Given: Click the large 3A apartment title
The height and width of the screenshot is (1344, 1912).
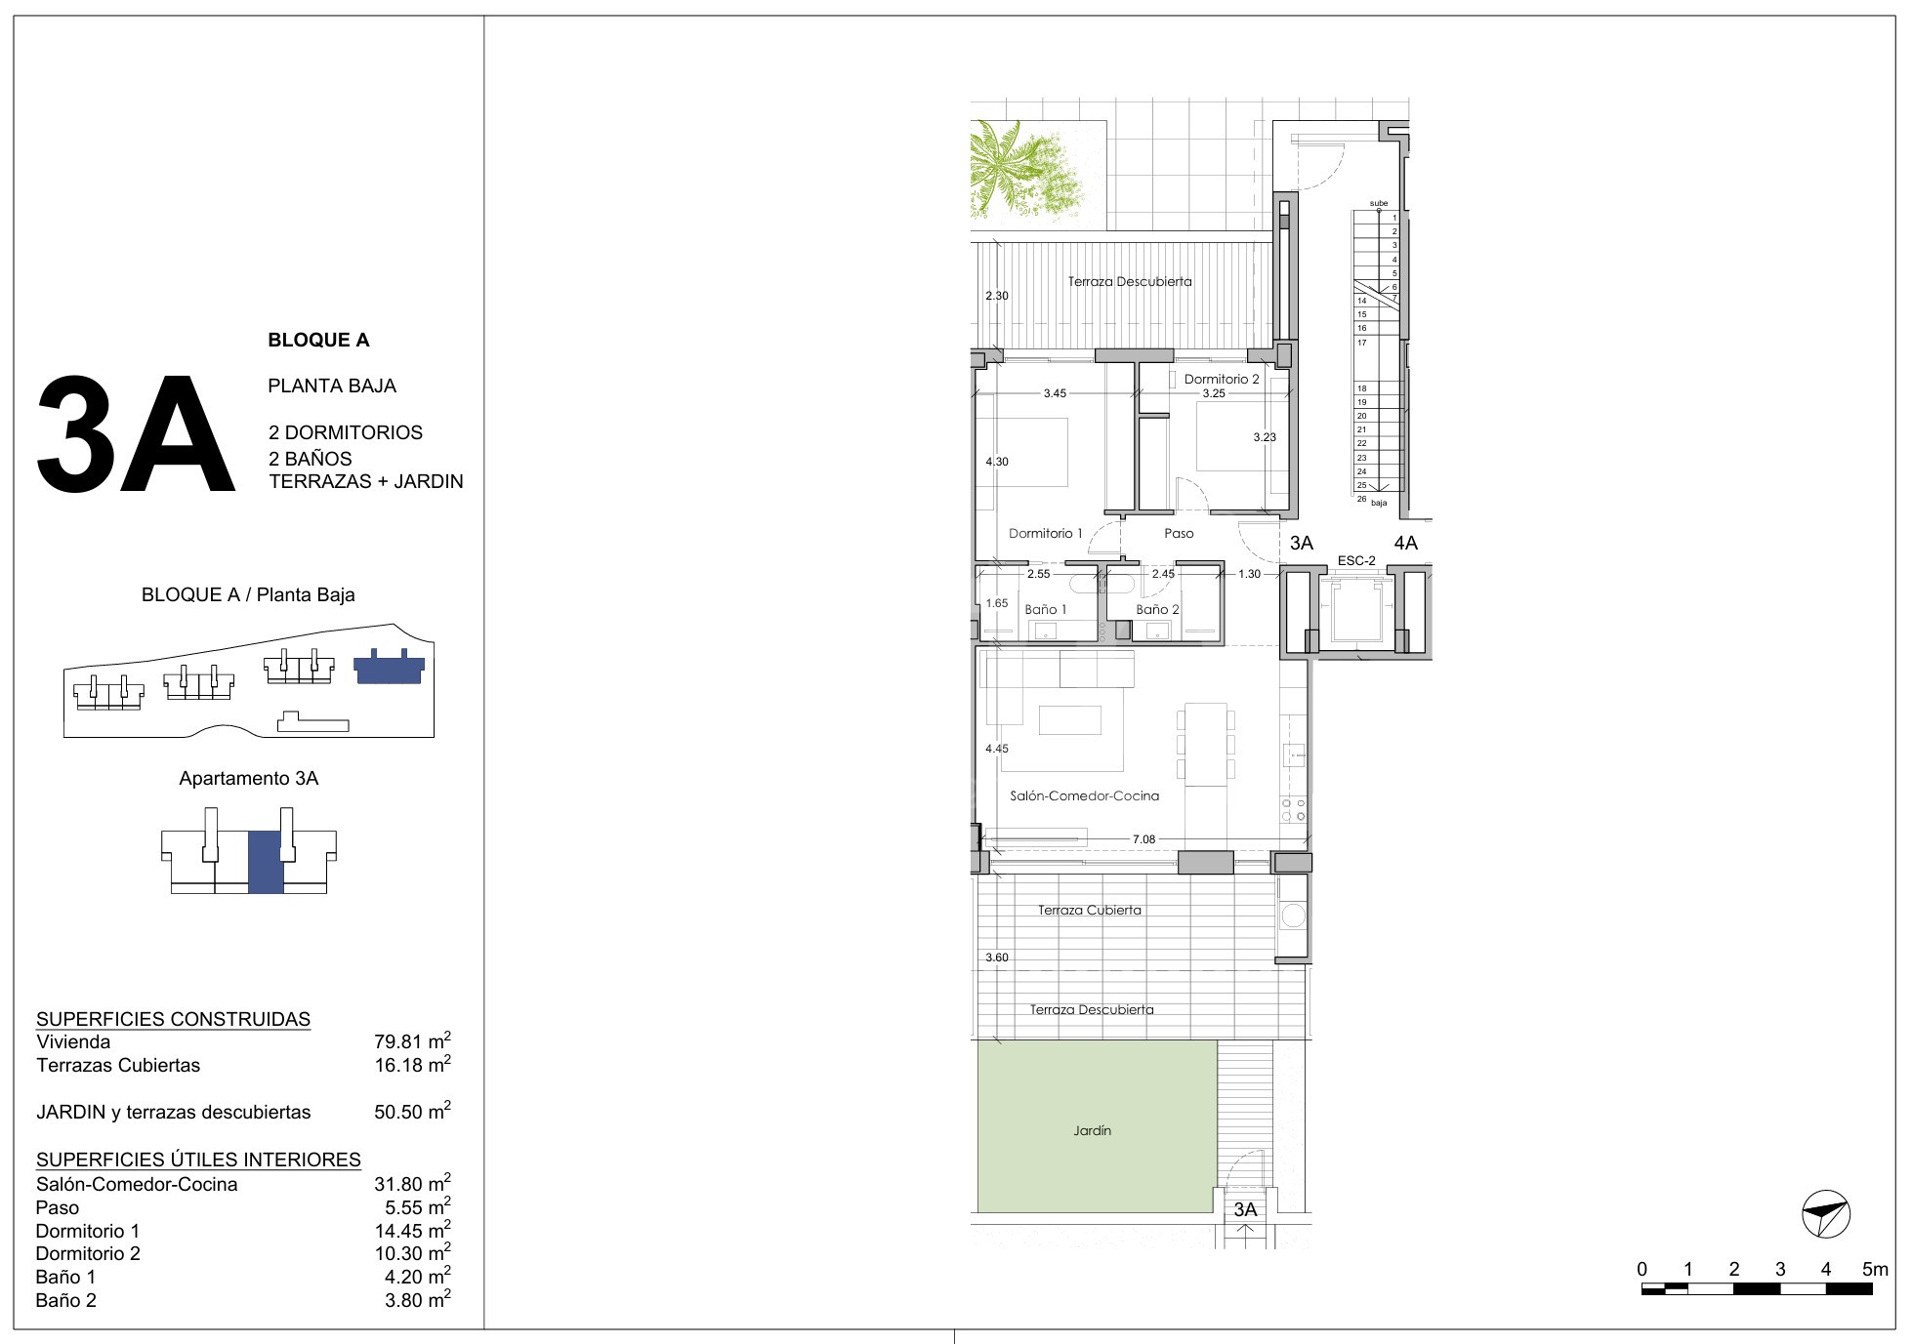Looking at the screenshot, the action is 136,434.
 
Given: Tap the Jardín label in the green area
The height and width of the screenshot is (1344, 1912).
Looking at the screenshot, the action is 1092,1130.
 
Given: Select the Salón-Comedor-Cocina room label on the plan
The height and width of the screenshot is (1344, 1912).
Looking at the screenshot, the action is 1084,795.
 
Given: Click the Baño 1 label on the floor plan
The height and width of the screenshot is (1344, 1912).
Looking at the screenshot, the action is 1046,609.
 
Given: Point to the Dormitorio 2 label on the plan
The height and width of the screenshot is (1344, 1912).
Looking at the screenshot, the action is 1222,379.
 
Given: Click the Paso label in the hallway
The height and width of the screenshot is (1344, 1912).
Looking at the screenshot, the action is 1179,534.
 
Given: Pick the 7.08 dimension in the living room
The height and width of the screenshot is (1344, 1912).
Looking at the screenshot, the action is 1143,839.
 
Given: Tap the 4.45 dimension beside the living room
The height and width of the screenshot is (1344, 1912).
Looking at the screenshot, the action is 997,749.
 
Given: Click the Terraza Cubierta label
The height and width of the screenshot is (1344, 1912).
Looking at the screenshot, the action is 1089,910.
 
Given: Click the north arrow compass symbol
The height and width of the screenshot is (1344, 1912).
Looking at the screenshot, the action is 1825,1214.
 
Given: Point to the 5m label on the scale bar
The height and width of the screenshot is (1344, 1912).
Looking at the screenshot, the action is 1875,1269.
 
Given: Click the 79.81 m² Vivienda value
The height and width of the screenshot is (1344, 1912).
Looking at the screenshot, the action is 412,1041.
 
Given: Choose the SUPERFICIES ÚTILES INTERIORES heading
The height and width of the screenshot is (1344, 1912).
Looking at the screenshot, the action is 198,1160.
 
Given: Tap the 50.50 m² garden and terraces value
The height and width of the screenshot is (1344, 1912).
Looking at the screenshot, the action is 412,1111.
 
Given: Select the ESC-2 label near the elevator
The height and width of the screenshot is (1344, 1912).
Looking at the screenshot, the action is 1356,560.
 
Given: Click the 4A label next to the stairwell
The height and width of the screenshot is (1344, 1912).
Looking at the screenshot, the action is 1405,543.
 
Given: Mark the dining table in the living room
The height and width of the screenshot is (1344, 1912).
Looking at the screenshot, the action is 1206,744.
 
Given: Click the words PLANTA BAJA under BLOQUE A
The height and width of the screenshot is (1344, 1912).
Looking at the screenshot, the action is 332,386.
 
